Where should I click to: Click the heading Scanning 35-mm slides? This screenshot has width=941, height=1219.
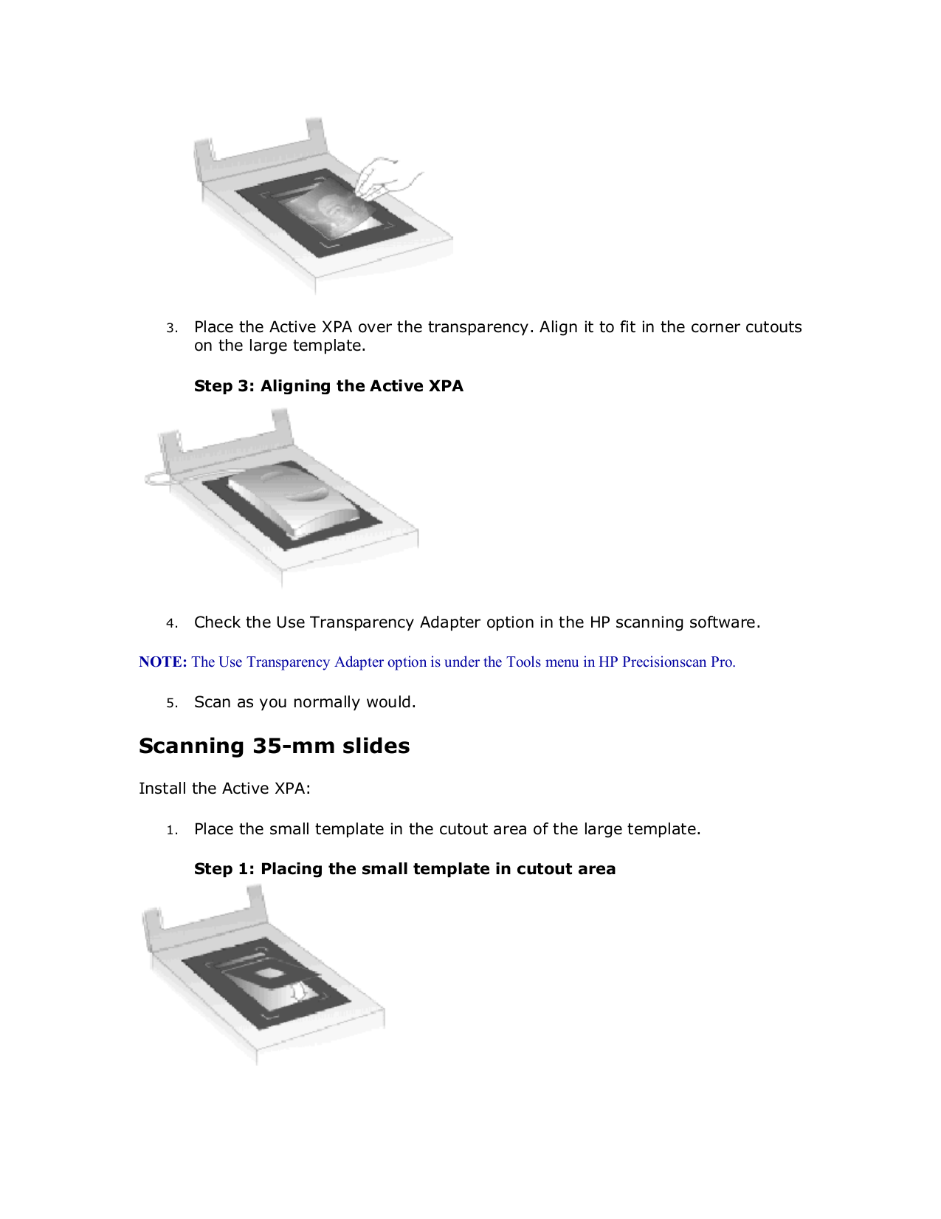[274, 746]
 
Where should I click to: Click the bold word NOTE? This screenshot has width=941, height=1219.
[163, 662]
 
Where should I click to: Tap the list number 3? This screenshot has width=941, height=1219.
[171, 329]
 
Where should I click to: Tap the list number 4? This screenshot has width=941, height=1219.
[171, 624]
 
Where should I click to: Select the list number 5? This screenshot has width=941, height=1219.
[171, 704]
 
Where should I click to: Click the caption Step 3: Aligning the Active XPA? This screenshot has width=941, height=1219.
[328, 386]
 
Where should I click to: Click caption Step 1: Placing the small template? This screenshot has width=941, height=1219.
[404, 869]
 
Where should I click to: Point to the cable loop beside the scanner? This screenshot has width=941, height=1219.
[159, 478]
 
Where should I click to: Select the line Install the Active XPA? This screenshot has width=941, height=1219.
[224, 789]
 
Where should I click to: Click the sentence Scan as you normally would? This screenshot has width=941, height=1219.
[305, 702]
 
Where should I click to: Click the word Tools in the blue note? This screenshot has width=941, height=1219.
[523, 662]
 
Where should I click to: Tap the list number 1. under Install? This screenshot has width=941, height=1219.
[171, 831]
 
